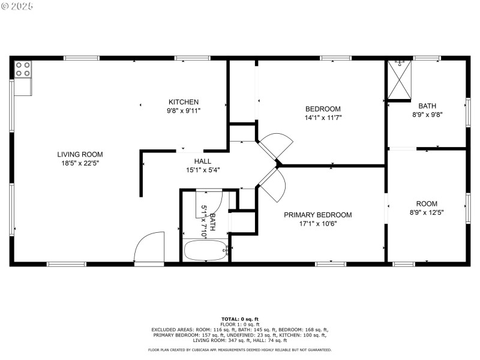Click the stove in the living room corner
(x=23, y=70)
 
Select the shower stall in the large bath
(x=400, y=80)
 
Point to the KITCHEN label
(x=183, y=102)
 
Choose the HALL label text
(x=202, y=161)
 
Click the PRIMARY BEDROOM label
(x=317, y=215)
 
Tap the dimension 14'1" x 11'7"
(x=323, y=118)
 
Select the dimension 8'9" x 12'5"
(x=427, y=212)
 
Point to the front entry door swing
(x=148, y=247)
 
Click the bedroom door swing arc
(x=277, y=146)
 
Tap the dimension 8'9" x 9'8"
(x=427, y=114)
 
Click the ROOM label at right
(x=427, y=203)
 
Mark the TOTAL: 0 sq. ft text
(x=239, y=319)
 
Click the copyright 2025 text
(x=18, y=5)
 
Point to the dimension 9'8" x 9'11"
(x=183, y=110)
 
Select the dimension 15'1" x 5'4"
(x=202, y=170)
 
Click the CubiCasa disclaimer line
(x=239, y=350)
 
